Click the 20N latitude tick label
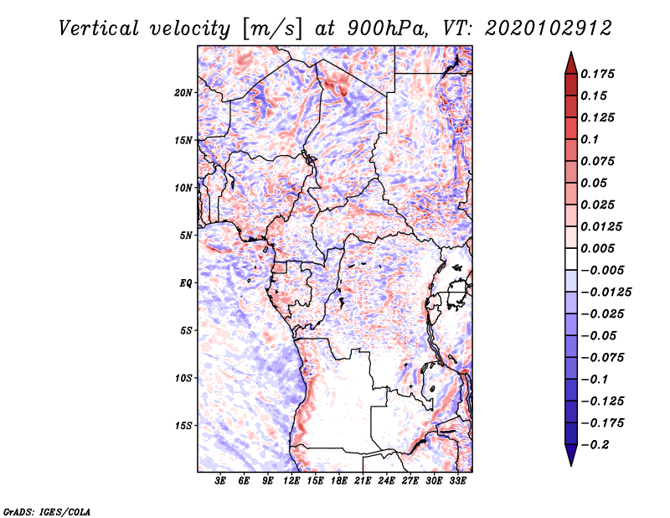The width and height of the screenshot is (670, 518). [183, 92]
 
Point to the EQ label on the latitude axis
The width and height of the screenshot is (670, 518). [186, 283]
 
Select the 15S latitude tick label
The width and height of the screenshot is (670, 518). [183, 426]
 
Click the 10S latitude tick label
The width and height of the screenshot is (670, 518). [183, 378]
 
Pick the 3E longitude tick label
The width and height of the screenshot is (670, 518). [220, 482]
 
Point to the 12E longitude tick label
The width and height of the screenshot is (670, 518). [292, 482]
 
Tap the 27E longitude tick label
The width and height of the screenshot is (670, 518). [411, 482]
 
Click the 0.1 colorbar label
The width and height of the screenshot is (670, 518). [592, 139]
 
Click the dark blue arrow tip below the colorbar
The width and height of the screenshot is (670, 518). [570, 460]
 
